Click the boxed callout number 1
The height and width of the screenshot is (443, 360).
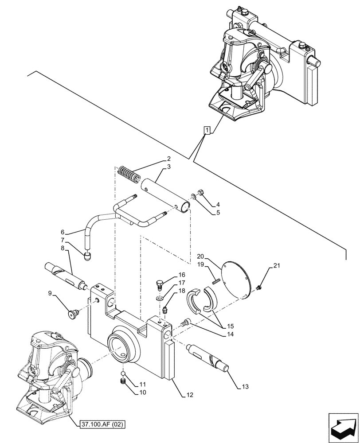pyautogui.click(x=207, y=130)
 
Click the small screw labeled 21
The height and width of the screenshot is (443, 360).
pyautogui.click(x=258, y=288)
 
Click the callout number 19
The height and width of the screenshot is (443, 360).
pyautogui.click(x=201, y=264)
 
